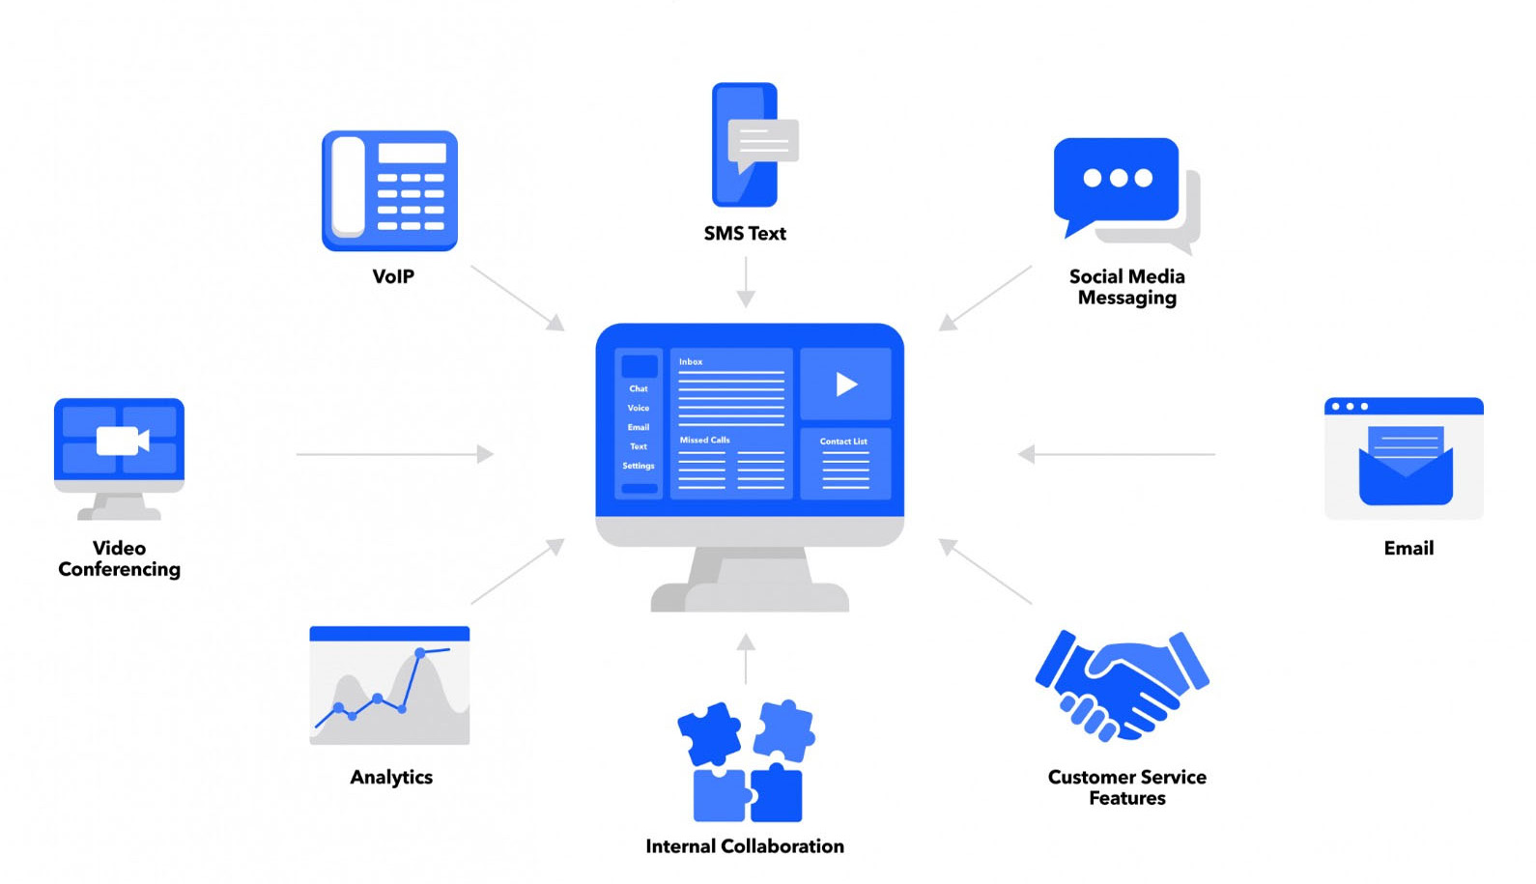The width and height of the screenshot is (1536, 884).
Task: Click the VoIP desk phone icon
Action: (x=389, y=191)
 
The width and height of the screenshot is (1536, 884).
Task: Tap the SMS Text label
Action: (x=745, y=234)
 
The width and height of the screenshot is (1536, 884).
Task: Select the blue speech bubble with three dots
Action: (x=1116, y=180)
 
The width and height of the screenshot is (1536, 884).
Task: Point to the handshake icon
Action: (x=1122, y=685)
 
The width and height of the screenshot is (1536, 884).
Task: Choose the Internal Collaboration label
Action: (x=745, y=846)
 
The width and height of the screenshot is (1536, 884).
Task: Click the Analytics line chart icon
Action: (x=389, y=686)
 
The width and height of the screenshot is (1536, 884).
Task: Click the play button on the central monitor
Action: (x=846, y=385)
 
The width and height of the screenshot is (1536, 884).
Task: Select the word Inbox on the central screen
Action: (x=691, y=362)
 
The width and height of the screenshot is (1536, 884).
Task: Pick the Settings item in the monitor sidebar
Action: (x=639, y=466)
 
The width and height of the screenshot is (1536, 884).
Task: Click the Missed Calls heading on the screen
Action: (x=705, y=441)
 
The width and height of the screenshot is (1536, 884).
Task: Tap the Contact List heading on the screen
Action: (x=843, y=442)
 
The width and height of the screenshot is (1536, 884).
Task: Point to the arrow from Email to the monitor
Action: (x=1116, y=454)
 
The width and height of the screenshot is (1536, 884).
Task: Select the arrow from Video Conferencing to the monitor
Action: (x=395, y=454)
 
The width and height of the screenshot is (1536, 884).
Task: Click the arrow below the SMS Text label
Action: (x=746, y=282)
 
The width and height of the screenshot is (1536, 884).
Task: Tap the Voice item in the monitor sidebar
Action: (x=639, y=408)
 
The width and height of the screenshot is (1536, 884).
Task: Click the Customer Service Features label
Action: (x=1127, y=787)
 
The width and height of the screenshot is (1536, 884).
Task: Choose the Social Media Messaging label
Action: (x=1127, y=287)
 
